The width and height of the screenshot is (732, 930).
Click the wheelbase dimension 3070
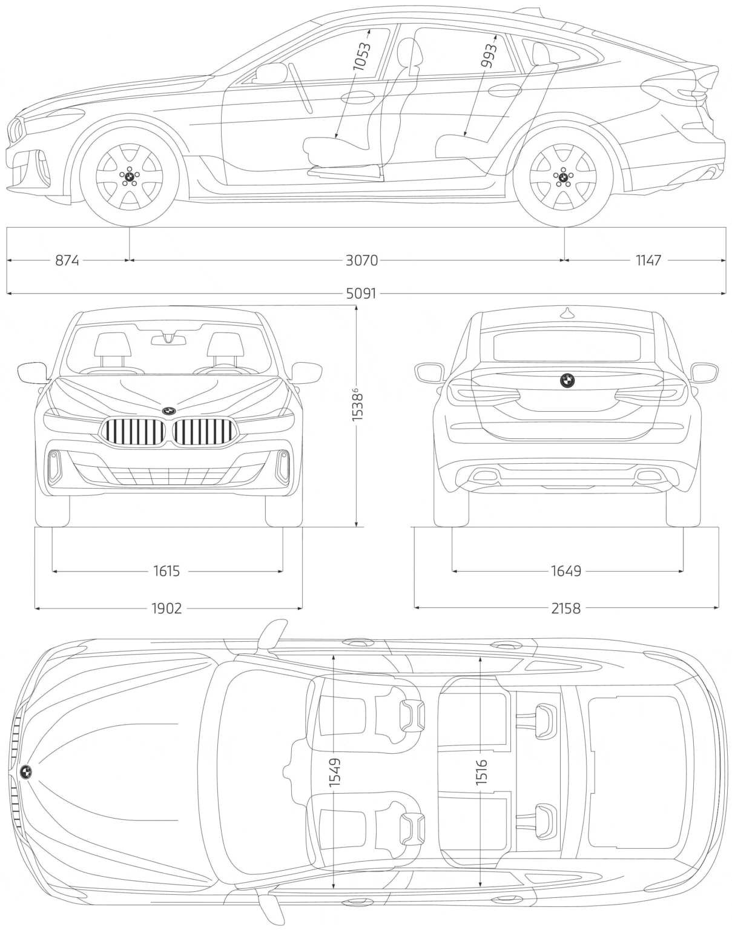coord(361,260)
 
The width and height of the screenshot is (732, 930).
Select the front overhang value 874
coord(67,260)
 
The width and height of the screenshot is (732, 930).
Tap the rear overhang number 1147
coord(648,260)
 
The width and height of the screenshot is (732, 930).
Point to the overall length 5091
coord(361,294)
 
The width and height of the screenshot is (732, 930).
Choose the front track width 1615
coord(167,570)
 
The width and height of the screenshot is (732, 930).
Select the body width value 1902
coord(167,608)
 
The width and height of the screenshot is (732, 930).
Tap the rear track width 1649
coord(565,570)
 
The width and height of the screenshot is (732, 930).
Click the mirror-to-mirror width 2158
coord(565,608)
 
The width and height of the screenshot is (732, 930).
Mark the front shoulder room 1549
coord(334,772)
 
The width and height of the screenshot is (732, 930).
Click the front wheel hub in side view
coord(130,177)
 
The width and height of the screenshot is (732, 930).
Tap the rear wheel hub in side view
coord(563,177)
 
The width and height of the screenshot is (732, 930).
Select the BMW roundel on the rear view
coord(567,380)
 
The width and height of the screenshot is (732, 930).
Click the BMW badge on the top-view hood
coord(26,771)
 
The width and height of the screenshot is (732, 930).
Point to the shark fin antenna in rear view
coord(567,313)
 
